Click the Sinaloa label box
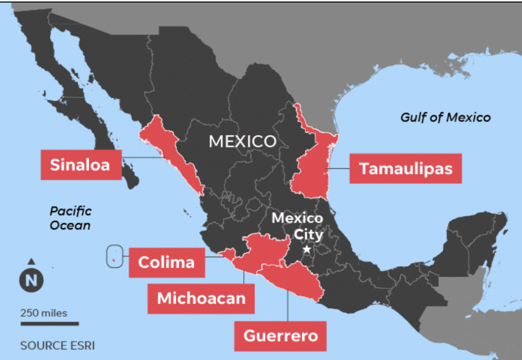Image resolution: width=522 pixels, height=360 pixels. pos(81,165)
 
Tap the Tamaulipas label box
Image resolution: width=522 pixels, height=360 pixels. pos(405,168)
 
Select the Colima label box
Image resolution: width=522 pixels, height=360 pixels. pos(166,262)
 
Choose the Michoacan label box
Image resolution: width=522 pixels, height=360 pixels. pos(201,298)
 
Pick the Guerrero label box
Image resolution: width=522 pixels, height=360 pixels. pos(280,336)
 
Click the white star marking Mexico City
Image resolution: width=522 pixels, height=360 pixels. pos(307,249)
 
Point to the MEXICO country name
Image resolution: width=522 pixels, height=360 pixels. pos(243,141)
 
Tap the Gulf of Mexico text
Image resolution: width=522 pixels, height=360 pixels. pos(445,117)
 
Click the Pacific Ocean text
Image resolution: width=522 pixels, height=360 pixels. pos(70,218)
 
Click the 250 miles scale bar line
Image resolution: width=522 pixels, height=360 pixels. pos(49,323)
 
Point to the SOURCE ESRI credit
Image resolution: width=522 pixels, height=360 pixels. pos(57,345)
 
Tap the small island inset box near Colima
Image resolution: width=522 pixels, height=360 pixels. pos(114,256)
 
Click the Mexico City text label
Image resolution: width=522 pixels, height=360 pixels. pos(297,226)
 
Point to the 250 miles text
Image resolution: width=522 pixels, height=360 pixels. pos(44,313)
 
